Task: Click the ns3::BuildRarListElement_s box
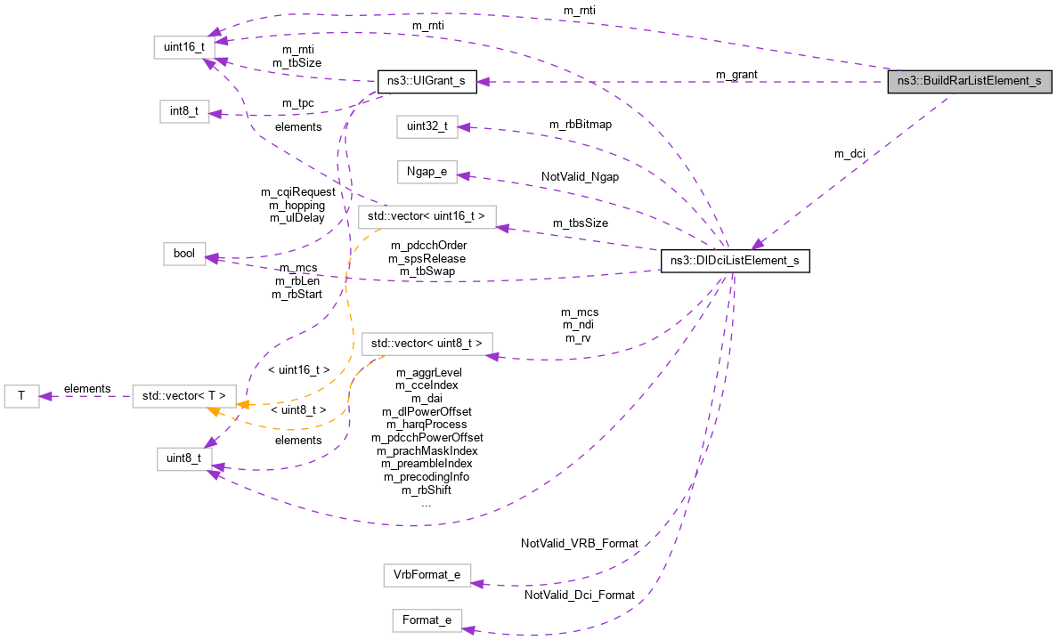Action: point(970,81)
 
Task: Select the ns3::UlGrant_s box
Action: point(427,81)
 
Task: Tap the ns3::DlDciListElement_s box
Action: point(735,261)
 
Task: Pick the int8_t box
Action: point(184,111)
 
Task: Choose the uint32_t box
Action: point(427,126)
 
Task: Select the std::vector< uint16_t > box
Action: point(427,216)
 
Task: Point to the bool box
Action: point(184,254)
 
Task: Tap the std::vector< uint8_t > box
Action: point(427,343)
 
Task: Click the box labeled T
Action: point(21,396)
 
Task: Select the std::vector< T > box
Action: point(184,396)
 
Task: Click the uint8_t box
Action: point(184,458)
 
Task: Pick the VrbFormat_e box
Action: point(427,575)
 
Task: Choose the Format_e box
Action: point(427,620)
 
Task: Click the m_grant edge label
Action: point(736,74)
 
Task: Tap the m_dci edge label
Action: point(850,154)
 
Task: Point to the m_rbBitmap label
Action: point(580,125)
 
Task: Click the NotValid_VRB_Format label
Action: point(580,542)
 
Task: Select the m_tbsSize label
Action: point(580,223)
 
